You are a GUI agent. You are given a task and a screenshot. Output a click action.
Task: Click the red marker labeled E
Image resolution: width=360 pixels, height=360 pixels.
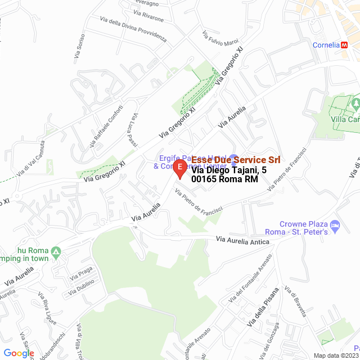[x=179, y=168]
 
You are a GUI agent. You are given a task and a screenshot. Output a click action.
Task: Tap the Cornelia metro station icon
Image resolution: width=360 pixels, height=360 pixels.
[x=345, y=45]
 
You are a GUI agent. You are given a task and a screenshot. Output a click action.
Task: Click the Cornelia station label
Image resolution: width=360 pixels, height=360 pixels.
[x=326, y=45]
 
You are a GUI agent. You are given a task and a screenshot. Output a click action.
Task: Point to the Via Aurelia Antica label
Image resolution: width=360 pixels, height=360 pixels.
[x=243, y=241]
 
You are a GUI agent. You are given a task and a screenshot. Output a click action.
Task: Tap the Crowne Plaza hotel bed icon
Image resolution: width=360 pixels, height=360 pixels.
[x=335, y=226]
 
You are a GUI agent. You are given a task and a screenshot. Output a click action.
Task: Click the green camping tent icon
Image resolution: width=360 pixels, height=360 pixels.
[x=56, y=251]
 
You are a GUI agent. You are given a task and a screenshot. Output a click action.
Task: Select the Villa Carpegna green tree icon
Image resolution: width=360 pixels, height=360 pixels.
[x=355, y=103]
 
